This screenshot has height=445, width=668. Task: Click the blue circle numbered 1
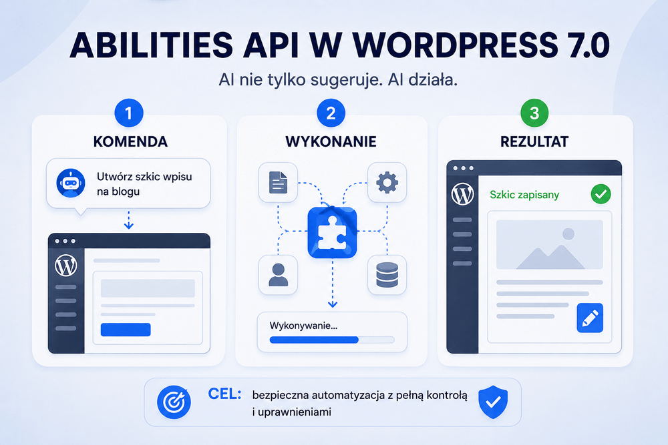pyautogui.click(x=129, y=113)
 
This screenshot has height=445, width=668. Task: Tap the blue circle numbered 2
pyautogui.click(x=331, y=113)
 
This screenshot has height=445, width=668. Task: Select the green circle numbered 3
pyautogui.click(x=534, y=113)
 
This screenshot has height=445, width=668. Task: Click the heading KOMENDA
pyautogui.click(x=130, y=141)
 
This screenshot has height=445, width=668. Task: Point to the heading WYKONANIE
pyautogui.click(x=331, y=141)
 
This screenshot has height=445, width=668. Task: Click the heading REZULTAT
pyautogui.click(x=534, y=141)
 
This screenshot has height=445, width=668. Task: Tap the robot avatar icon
pyautogui.click(x=71, y=183)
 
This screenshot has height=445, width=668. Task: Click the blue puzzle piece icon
pyautogui.click(x=332, y=232)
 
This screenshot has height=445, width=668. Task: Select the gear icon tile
pyautogui.click(x=387, y=183)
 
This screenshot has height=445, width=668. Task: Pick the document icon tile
pyautogui.click(x=278, y=183)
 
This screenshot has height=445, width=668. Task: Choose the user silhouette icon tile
pyautogui.click(x=278, y=276)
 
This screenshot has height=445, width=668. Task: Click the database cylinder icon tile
pyautogui.click(x=387, y=276)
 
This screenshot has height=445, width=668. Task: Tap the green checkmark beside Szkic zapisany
pyautogui.click(x=601, y=194)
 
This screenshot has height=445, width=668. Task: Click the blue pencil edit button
pyautogui.click(x=590, y=318)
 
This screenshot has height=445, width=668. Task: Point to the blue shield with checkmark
pyautogui.click(x=493, y=402)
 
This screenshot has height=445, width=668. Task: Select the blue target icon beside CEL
pyautogui.click(x=174, y=402)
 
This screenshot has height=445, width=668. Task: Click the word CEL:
pyautogui.click(x=224, y=394)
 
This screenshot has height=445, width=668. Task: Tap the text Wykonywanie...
pyautogui.click(x=303, y=326)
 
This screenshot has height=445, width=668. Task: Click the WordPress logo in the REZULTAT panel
pyautogui.click(x=462, y=194)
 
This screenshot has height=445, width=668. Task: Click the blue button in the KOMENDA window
pyautogui.click(x=126, y=330)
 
